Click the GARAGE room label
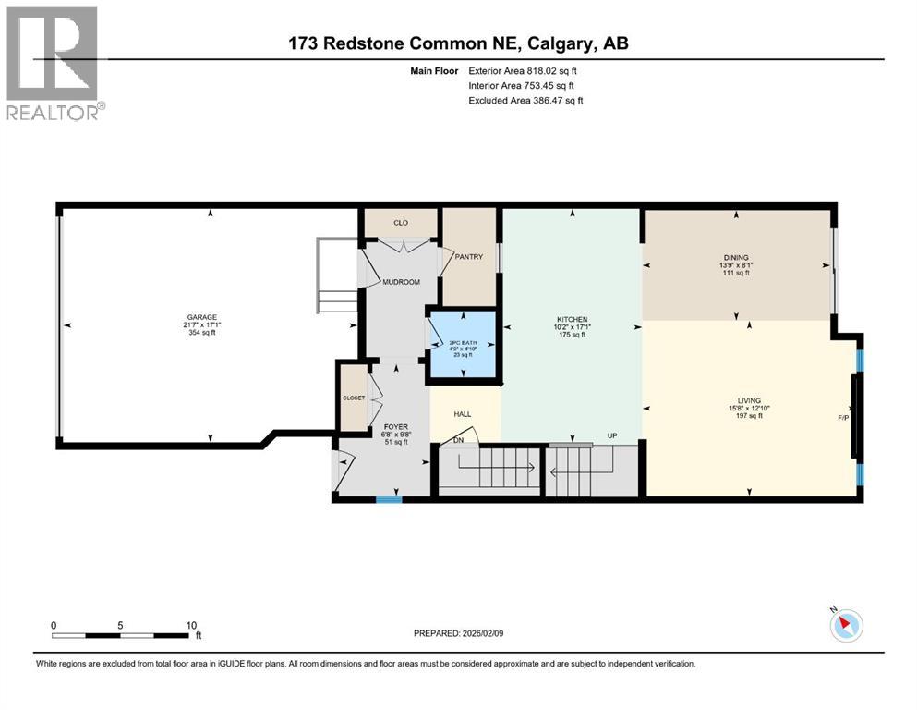[207, 319]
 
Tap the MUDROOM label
[402, 281]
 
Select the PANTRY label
[469, 257]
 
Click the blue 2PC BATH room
[461, 345]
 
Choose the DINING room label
[736, 258]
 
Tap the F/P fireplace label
[842, 418]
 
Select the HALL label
[464, 415]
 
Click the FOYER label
[396, 427]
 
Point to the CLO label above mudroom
[400, 223]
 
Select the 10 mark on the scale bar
[189, 625]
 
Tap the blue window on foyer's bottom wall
[389, 500]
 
